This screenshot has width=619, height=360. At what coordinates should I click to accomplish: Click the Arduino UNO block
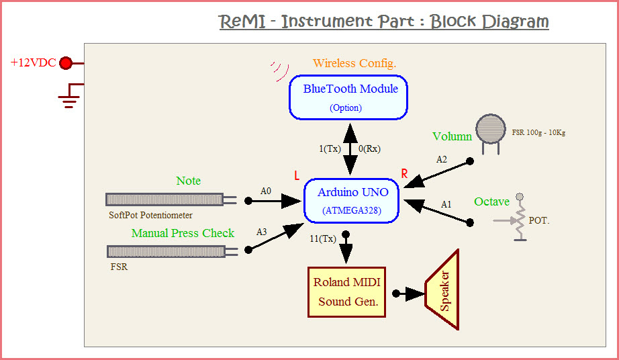tap(352, 200)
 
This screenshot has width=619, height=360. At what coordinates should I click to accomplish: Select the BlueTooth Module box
tap(348, 97)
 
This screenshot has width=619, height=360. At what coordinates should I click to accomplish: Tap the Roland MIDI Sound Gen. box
tap(348, 291)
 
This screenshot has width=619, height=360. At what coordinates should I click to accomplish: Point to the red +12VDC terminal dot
tap(66, 63)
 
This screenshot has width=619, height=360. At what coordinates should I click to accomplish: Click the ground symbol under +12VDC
tap(69, 99)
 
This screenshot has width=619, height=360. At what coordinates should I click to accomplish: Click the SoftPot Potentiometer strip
tap(165, 199)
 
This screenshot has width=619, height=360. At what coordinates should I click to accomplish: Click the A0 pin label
tap(267, 191)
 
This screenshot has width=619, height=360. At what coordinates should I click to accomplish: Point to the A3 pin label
tap(262, 232)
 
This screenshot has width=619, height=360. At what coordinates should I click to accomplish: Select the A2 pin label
tap(442, 160)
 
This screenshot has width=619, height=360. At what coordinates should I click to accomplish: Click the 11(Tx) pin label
tap(323, 238)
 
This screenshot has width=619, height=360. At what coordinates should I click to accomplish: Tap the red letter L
tap(297, 176)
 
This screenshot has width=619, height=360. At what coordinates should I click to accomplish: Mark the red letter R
tap(404, 174)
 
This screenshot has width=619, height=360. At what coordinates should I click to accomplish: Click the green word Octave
tap(491, 201)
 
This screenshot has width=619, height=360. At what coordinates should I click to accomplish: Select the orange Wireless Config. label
tap(354, 63)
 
